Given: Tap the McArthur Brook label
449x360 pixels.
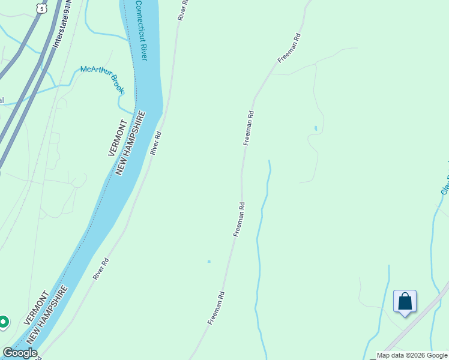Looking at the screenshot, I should pyautogui.click(x=103, y=79).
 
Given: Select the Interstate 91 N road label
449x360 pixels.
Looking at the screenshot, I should pyautogui.click(x=61, y=26).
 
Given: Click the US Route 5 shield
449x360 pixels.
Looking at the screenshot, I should pyautogui.click(x=40, y=7).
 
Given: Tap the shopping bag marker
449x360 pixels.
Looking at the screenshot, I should pyautogui.click(x=405, y=301).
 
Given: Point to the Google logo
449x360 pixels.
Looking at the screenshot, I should pyautogui.click(x=20, y=353).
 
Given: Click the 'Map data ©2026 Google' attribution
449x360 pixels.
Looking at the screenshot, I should pyautogui.click(x=412, y=355).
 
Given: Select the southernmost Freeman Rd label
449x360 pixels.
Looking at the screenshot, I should pyautogui.click(x=217, y=308).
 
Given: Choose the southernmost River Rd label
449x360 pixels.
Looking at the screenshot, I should pyautogui.click(x=101, y=269).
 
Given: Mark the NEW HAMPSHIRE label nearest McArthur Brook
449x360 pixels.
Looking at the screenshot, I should pyautogui.click(x=131, y=143).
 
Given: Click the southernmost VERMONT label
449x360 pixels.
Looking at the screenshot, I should pyautogui.click(x=36, y=308).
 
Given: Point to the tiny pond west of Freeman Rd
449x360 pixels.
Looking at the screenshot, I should pyautogui.click(x=209, y=261).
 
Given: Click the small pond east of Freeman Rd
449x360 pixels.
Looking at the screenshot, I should pyautogui.click(x=316, y=128).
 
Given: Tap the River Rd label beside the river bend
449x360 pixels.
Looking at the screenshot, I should pyautogui.click(x=157, y=143).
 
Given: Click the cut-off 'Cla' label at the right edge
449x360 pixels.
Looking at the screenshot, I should pyautogui.click(x=445, y=185).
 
